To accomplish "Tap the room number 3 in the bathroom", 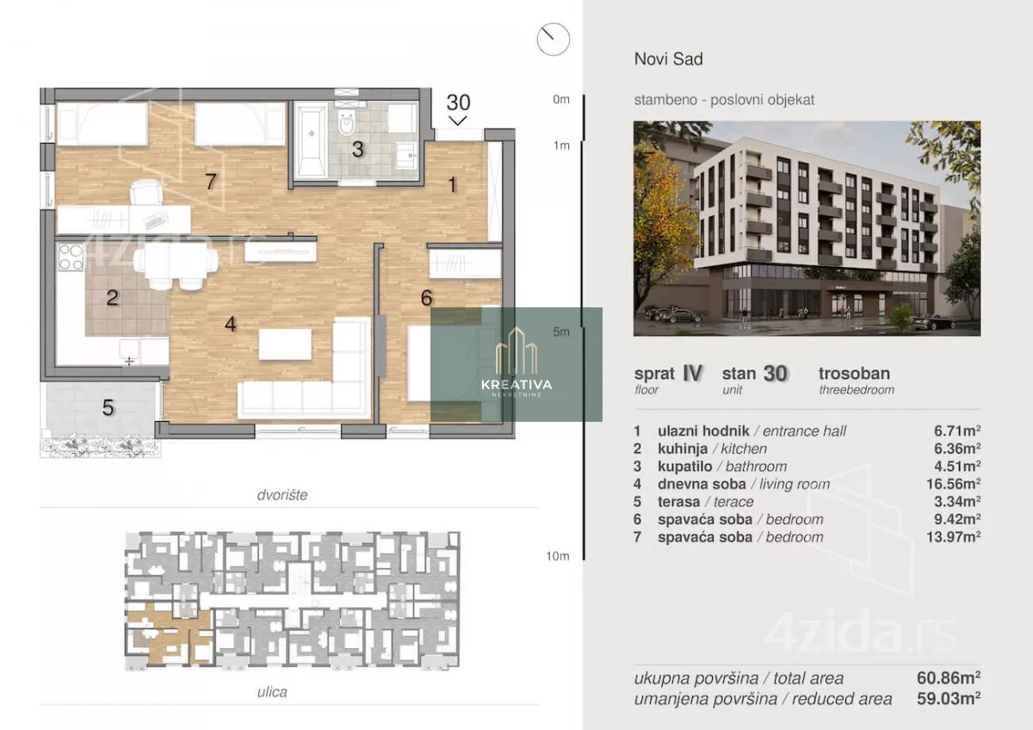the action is [x=358, y=150].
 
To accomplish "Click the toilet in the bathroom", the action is [x=346, y=122].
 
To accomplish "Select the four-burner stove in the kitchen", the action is [x=71, y=257].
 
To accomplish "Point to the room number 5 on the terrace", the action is [x=108, y=408].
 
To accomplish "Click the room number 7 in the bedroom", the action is [x=211, y=182].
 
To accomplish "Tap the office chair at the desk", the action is [x=146, y=192].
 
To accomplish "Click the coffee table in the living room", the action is [x=285, y=344].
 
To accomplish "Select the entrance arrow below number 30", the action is [x=458, y=121].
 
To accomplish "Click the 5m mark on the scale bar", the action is [x=561, y=331].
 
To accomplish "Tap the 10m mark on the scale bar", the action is [x=558, y=556].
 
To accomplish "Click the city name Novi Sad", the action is [x=669, y=59].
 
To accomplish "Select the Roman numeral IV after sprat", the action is [x=692, y=373].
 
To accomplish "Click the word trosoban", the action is [x=855, y=373].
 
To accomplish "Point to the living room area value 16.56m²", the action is [x=954, y=484].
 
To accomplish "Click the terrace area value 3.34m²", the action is [x=957, y=501].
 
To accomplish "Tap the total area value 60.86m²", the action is [x=949, y=677].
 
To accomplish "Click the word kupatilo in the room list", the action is [x=685, y=467].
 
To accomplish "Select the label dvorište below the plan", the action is [x=282, y=495].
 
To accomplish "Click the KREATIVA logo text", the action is [x=516, y=385].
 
